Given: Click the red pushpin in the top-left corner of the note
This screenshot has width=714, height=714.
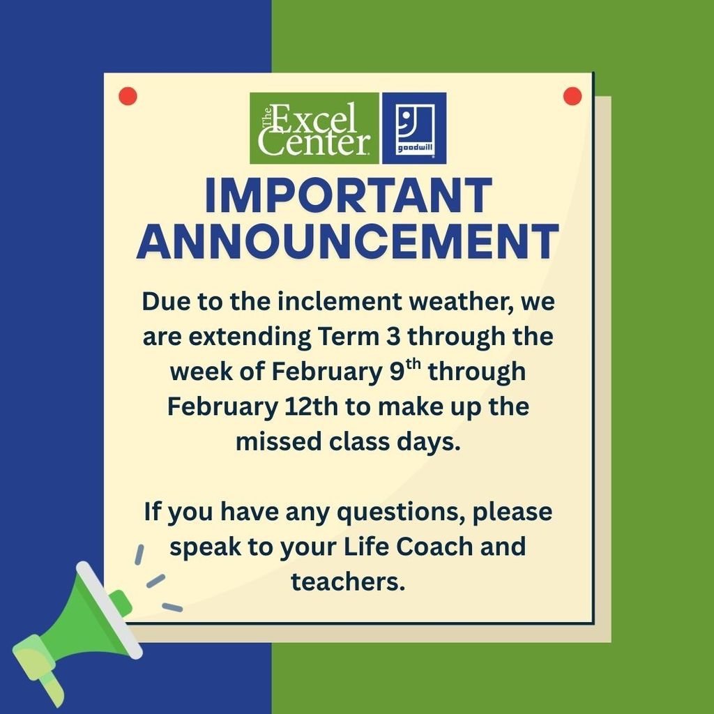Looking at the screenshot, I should tap(128, 97).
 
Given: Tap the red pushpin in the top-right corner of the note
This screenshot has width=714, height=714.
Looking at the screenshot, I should tap(572, 97).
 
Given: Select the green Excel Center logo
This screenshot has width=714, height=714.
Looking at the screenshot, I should tap(314, 128).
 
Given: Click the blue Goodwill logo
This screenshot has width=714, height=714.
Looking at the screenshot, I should tap(414, 128).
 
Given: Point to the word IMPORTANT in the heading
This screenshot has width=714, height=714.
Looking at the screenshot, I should tap(348, 197).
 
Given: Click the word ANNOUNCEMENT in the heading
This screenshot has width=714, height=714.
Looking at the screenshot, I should tap(348, 242).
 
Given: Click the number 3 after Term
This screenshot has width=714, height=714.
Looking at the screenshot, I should tap(393, 337).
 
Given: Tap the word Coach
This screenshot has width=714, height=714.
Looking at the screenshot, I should tap(434, 547).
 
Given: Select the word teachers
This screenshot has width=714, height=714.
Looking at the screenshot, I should tap(348, 581).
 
